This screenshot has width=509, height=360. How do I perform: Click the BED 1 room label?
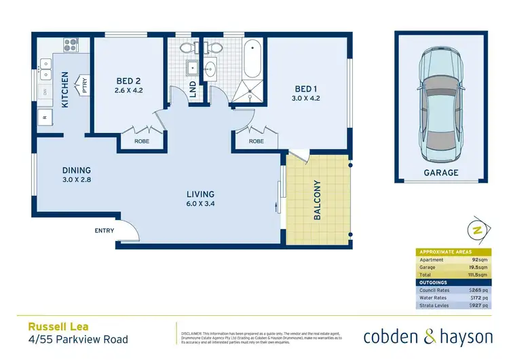(305, 89)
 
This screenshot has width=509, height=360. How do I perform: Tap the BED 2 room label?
(128, 79)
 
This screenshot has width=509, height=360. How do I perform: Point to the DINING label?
(77, 170)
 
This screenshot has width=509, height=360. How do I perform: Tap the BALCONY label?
(317, 200)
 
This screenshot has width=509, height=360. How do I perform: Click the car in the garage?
(441, 102)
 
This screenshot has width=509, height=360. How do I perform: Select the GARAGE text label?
(442, 173)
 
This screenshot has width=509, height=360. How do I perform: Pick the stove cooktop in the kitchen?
(71, 46)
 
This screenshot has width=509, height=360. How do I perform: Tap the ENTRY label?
(105, 231)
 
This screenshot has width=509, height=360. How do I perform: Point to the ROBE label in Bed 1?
(256, 141)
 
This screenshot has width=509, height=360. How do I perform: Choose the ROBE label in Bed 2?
(142, 141)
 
